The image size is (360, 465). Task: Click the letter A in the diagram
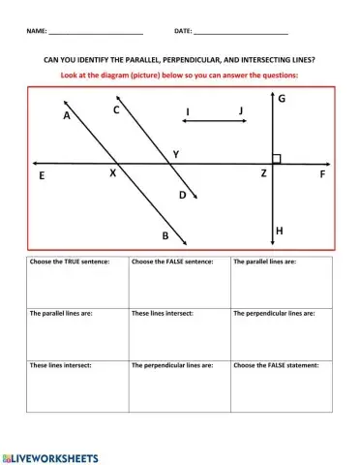click(x=67, y=115)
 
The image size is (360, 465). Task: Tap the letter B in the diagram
click(x=165, y=235)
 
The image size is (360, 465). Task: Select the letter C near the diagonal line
click(x=116, y=109)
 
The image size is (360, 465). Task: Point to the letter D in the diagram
click(x=182, y=195)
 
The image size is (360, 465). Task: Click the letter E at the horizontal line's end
click(x=42, y=176)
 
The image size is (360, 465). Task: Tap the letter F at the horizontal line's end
click(x=322, y=175)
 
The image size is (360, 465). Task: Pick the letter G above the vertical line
click(x=282, y=100)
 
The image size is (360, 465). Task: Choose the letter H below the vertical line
click(x=280, y=231)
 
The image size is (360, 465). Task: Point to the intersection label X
click(x=112, y=173)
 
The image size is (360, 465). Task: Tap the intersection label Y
click(x=175, y=154)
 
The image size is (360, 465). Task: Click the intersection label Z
click(x=263, y=173)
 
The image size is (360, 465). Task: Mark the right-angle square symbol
click(x=277, y=158)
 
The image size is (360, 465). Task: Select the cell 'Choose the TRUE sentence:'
click(x=77, y=281)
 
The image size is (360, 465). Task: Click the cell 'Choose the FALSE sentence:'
click(x=179, y=281)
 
